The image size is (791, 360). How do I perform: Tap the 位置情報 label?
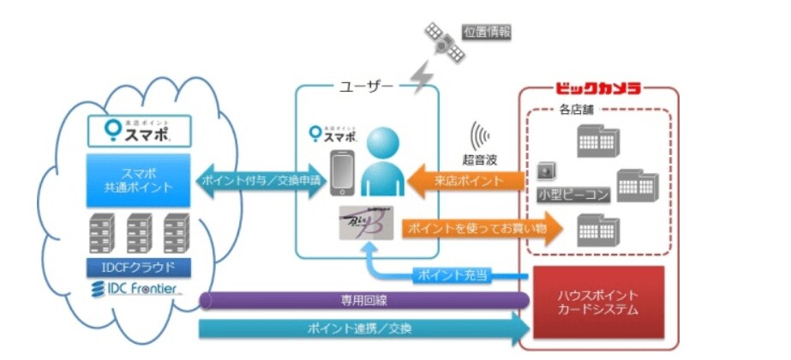pyautogui.click(x=488, y=32)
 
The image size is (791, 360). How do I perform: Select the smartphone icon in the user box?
pyautogui.click(x=343, y=174)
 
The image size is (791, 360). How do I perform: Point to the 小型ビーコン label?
pyautogui.click(x=573, y=195)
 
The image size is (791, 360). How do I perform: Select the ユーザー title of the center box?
pyautogui.click(x=367, y=87)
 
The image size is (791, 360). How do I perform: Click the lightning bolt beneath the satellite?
pyautogui.click(x=422, y=75)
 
